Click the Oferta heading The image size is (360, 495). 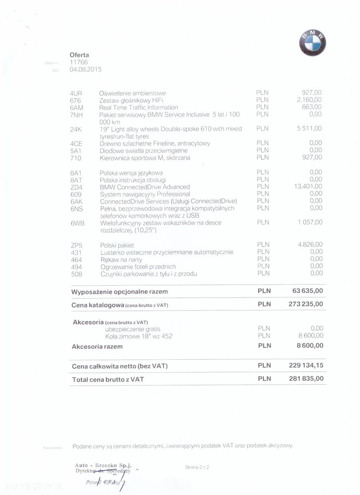(x=80, y=55)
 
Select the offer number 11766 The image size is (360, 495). (x=79, y=62)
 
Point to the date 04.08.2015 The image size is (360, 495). (x=86, y=70)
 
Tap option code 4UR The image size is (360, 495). (x=76, y=93)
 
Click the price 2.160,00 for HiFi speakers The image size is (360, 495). (x=309, y=100)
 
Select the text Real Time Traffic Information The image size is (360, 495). (x=139, y=107)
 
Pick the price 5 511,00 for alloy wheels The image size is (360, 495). (x=309, y=129)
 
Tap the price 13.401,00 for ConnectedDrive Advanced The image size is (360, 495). (x=308, y=187)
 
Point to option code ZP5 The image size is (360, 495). (x=77, y=245)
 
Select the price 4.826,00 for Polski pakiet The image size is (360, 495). (x=309, y=245)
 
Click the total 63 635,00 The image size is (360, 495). (x=308, y=291)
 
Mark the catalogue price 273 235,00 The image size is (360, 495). (x=306, y=304)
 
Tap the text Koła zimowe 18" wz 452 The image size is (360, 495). (x=139, y=336)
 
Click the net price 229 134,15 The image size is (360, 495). (x=306, y=365)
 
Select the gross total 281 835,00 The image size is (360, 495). (x=306, y=379)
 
